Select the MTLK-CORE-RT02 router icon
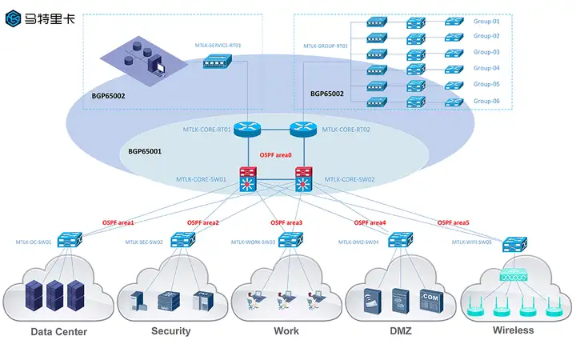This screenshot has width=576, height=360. point(303,129)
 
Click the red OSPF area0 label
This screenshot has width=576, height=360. point(276,154)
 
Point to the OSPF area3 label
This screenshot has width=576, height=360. point(286,222)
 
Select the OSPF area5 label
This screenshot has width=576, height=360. point(454,222)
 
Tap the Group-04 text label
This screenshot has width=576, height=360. point(486,68)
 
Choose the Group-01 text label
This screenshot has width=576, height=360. point(486,21)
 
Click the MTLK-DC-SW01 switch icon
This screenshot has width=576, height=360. point(70,239)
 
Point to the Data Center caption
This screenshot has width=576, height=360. point(58,332)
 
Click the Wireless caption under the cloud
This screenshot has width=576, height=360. point(513,330)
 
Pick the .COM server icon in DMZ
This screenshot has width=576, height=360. point(430,299)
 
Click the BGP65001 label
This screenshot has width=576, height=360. point(145,150)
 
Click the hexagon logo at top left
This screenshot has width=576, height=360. point(14,18)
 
